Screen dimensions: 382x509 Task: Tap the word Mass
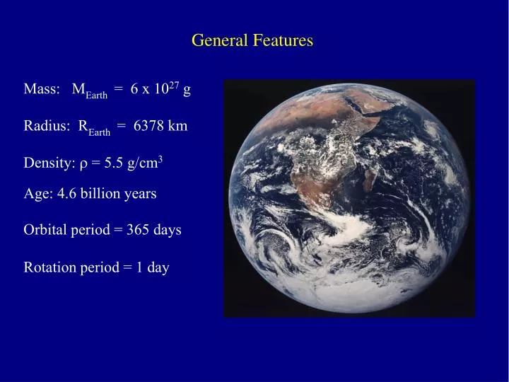(40, 90)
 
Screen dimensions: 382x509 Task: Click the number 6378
(148, 127)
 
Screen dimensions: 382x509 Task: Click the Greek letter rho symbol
(83, 165)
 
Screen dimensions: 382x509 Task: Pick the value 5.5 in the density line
(112, 163)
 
